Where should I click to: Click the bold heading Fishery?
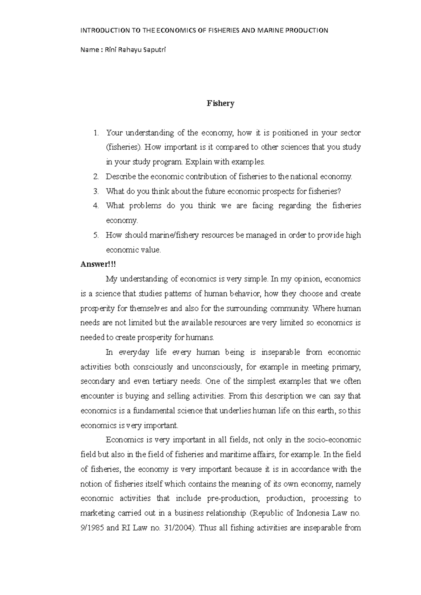(220, 104)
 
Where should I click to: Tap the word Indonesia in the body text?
(314, 513)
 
